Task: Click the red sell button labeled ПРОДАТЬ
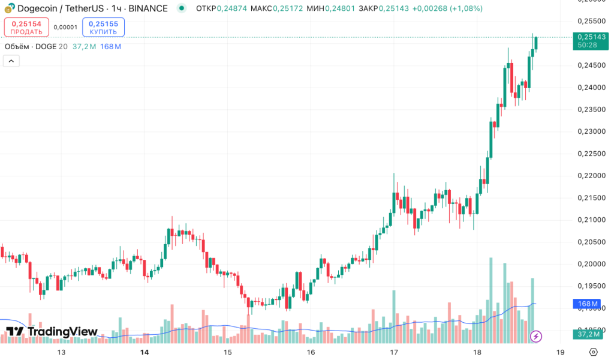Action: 26,28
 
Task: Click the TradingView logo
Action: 52,332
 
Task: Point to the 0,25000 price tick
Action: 591,43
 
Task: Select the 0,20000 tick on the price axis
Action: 591,263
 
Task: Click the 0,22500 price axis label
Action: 591,153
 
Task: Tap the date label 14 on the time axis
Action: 143,352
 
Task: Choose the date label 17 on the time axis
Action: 394,352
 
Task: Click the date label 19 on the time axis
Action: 561,352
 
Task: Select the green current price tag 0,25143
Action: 591,40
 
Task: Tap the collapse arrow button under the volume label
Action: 11,61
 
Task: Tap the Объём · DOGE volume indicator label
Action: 31,46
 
